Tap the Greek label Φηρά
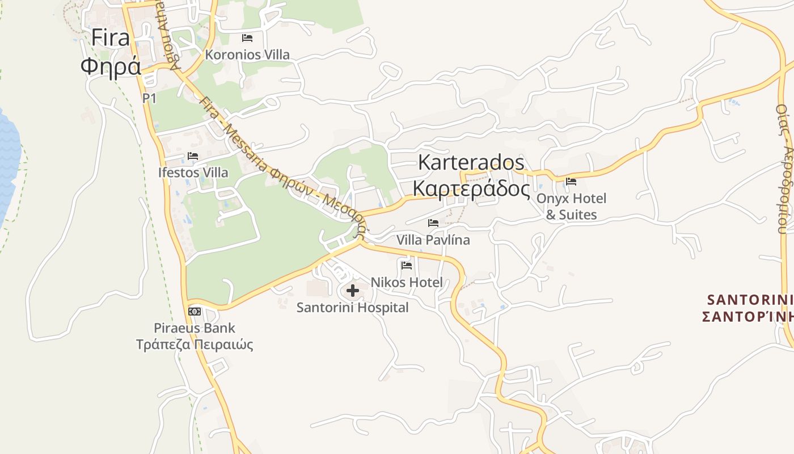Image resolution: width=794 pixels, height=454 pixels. pyautogui.click(x=110, y=66)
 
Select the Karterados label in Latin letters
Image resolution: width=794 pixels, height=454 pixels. pyautogui.click(x=471, y=162)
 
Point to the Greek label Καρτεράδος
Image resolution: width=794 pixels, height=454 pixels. pyautogui.click(x=471, y=188)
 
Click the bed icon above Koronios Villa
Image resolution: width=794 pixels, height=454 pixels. pyautogui.click(x=247, y=38)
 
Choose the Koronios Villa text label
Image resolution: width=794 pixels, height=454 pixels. pyautogui.click(x=247, y=55)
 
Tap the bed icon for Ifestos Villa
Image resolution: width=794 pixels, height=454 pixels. pyautogui.click(x=193, y=156)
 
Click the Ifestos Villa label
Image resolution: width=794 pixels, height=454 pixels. pyautogui.click(x=193, y=173)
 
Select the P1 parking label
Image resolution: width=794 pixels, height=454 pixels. pyautogui.click(x=149, y=98)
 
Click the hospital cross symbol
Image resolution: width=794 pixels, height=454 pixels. pyautogui.click(x=353, y=291)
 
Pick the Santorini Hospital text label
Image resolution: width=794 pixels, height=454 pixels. pyautogui.click(x=353, y=308)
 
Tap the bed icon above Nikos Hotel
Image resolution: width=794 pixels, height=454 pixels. pyautogui.click(x=407, y=265)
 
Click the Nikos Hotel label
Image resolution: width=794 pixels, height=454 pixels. pyautogui.click(x=407, y=282)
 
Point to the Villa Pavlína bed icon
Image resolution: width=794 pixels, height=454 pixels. pyautogui.click(x=433, y=223)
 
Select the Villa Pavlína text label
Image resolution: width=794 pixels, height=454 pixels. pyautogui.click(x=433, y=240)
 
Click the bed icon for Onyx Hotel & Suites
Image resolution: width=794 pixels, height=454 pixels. pyautogui.click(x=571, y=182)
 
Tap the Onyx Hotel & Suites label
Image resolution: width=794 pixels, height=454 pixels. pyautogui.click(x=571, y=207)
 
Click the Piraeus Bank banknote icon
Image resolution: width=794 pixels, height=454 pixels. pyautogui.click(x=195, y=312)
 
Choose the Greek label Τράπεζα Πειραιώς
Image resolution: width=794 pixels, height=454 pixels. pyautogui.click(x=195, y=344)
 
